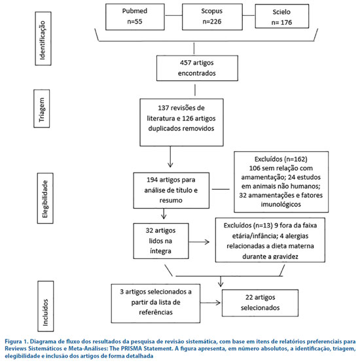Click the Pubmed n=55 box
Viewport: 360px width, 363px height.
click(x=135, y=16)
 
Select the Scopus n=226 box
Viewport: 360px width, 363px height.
click(x=212, y=16)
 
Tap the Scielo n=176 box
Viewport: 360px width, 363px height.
click(x=282, y=16)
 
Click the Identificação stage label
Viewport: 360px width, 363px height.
click(x=43, y=39)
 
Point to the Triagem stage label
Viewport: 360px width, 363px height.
click(x=42, y=109)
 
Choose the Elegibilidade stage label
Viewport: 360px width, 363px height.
click(x=45, y=198)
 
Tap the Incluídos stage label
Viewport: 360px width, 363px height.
click(x=46, y=306)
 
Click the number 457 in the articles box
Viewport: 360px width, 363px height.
click(x=185, y=63)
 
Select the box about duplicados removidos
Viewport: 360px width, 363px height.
click(x=181, y=122)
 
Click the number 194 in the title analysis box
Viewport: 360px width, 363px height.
click(x=153, y=180)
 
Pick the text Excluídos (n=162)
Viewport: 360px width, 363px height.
click(x=281, y=160)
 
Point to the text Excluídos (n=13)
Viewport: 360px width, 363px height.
click(x=248, y=226)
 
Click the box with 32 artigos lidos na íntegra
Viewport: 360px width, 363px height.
click(x=161, y=241)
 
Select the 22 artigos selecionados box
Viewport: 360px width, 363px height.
click(x=260, y=303)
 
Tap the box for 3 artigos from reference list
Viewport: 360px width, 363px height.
click(x=156, y=303)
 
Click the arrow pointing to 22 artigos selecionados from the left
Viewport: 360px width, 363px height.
click(x=210, y=303)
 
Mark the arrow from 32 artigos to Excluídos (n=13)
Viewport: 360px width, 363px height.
click(x=199, y=242)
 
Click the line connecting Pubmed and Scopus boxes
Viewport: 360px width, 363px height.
click(x=173, y=16)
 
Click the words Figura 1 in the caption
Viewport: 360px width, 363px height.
click(x=16, y=341)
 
